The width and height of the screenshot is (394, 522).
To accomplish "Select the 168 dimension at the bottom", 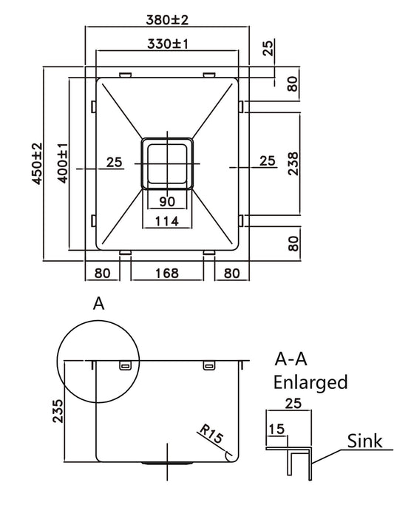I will pyautogui.click(x=167, y=274).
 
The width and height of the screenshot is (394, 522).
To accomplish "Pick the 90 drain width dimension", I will pyautogui.click(x=166, y=201).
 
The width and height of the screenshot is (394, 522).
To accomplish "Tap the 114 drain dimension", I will pyautogui.click(x=166, y=220).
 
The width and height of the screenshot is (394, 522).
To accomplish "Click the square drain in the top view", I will pyautogui.click(x=166, y=163).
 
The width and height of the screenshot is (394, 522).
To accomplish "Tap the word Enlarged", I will pyautogui.click(x=310, y=382).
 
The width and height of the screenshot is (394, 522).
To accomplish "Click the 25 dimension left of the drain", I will pyautogui.click(x=114, y=162).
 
